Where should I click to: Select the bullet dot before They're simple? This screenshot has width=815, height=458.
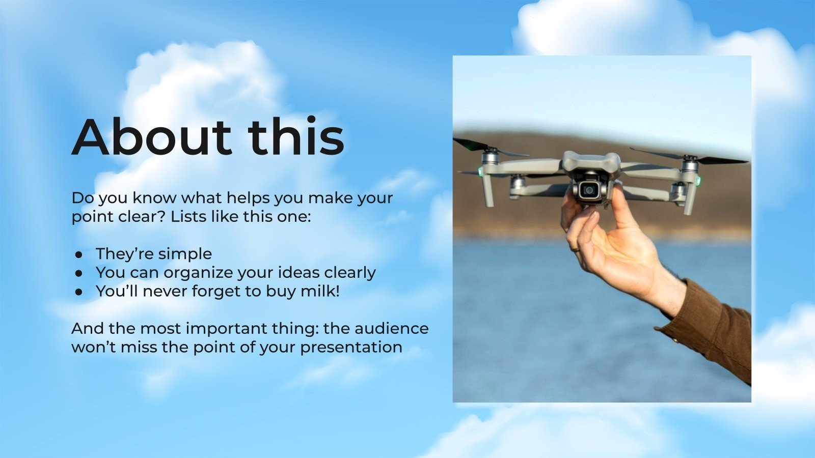point(79,254)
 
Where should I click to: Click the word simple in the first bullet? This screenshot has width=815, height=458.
point(185,253)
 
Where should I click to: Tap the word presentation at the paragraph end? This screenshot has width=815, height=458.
point(351,347)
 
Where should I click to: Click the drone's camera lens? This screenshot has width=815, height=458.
point(589,190)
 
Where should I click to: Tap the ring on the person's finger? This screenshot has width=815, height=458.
point(575,250)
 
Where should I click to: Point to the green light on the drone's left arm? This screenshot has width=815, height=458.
point(480,171)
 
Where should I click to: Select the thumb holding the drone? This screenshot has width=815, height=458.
point(618,201)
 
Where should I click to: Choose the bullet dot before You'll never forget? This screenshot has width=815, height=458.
point(79,292)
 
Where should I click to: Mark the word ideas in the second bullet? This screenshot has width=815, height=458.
point(301,273)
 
